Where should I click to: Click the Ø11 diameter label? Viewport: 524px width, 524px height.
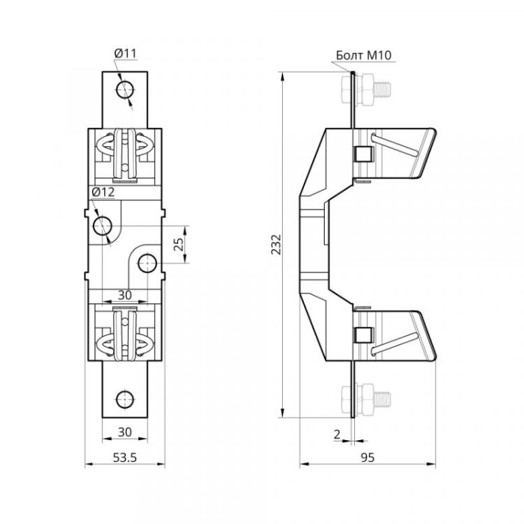coord(126,53)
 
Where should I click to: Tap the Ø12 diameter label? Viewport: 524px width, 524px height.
coord(103,192)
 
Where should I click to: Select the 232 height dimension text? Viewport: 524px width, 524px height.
coord(276,245)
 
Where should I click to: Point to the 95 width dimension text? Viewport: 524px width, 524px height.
coord(368,457)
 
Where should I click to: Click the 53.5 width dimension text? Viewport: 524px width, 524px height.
coord(125,457)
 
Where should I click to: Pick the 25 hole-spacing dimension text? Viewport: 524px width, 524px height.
coord(179,244)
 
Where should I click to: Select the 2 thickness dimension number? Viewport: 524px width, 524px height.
coord(337,434)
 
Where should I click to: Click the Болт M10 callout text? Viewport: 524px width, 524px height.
coord(363,55)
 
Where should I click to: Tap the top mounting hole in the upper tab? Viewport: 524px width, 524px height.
coord(125,89)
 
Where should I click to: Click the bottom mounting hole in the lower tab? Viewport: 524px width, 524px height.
coord(125,399)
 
